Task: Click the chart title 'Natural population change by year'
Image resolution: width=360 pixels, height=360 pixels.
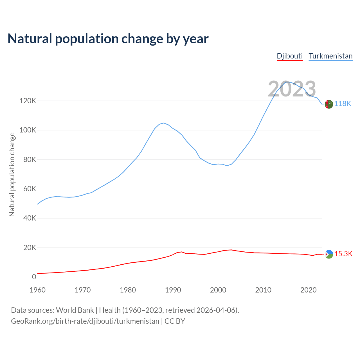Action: point(108,39)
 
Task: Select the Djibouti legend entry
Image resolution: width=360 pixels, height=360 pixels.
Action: point(290,56)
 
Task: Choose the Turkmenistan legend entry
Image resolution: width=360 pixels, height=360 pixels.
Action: point(330,56)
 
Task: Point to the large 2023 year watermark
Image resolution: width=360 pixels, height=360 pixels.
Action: point(292,89)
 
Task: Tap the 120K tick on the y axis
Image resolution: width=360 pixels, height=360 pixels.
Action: point(28,101)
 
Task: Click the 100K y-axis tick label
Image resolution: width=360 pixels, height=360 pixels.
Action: point(28,130)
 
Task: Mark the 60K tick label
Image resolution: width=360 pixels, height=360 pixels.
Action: point(30,189)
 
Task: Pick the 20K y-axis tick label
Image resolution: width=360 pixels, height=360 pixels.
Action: point(30,247)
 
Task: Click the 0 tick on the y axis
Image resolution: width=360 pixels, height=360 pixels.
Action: point(34,277)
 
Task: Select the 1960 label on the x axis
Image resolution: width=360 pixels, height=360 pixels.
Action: point(37,290)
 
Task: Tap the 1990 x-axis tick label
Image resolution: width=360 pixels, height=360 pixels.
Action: point(173,290)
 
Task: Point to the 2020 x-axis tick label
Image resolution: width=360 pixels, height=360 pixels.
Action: point(309,290)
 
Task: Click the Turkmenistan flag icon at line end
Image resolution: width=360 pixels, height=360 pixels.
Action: point(329,104)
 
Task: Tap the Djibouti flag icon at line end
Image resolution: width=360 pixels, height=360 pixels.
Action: point(329,254)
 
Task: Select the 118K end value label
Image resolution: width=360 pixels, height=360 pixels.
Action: point(343,104)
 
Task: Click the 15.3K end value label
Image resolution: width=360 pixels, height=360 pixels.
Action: point(343,254)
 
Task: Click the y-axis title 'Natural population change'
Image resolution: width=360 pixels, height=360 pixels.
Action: point(12,174)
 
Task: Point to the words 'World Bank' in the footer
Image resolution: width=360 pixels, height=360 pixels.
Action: point(75,310)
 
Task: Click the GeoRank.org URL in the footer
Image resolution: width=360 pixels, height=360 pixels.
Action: point(85,321)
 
